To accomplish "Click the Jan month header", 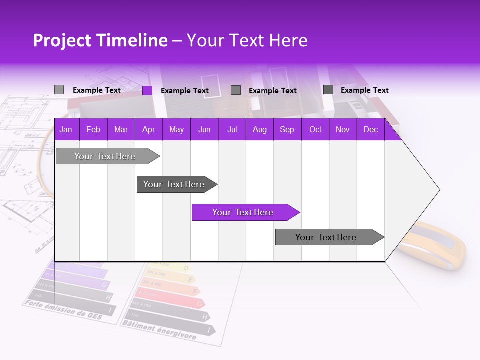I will [66, 130].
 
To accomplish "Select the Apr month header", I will [148, 130].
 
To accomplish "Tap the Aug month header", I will [259, 130].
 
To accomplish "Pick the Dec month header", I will [370, 130].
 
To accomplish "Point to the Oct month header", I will [315, 130].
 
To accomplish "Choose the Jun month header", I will [204, 130].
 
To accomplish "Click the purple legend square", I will [147, 90].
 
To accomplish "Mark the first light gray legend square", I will [59, 90].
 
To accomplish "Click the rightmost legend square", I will [328, 90].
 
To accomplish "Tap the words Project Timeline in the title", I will [100, 40].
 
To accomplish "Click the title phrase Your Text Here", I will [247, 40].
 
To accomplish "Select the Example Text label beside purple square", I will [185, 91].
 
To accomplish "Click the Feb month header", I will [93, 130].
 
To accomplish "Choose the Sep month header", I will [287, 130].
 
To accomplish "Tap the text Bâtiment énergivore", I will [159, 330].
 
